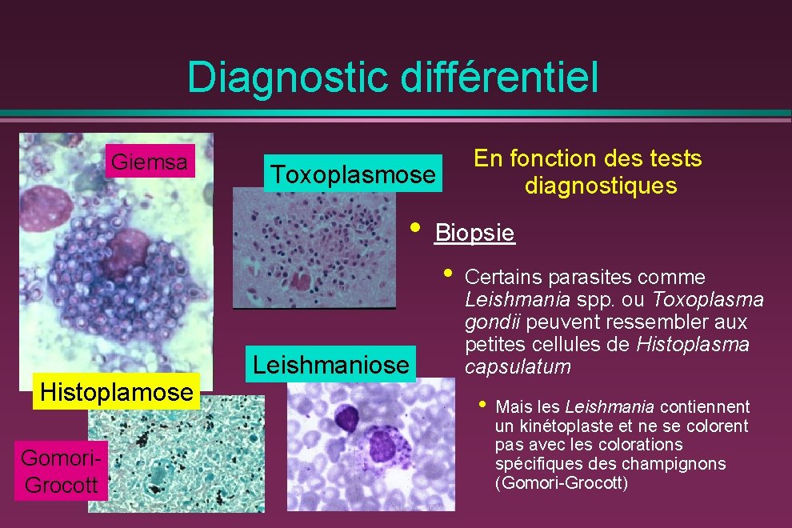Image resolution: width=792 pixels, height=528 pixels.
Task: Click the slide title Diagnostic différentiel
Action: click(x=392, y=78)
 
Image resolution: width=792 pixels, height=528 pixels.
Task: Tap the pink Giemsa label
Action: click(x=150, y=162)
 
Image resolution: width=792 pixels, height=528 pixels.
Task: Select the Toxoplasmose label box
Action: click(x=353, y=174)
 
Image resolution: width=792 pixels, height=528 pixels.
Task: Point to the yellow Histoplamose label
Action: click(x=117, y=393)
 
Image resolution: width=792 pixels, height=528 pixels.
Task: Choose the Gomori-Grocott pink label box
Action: click(x=61, y=472)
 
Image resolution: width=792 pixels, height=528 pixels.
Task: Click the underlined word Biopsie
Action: click(x=474, y=234)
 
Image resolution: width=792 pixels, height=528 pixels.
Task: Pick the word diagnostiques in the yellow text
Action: click(x=600, y=186)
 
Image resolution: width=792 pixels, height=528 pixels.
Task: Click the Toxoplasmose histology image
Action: click(x=314, y=248)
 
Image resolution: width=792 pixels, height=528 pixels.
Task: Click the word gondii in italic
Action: click(x=486, y=322)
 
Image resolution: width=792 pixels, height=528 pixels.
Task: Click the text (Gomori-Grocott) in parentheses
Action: click(x=562, y=483)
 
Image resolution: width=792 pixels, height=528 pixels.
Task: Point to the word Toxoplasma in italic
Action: click(x=708, y=300)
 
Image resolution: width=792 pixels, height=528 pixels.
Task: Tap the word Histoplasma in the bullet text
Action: click(x=693, y=345)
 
